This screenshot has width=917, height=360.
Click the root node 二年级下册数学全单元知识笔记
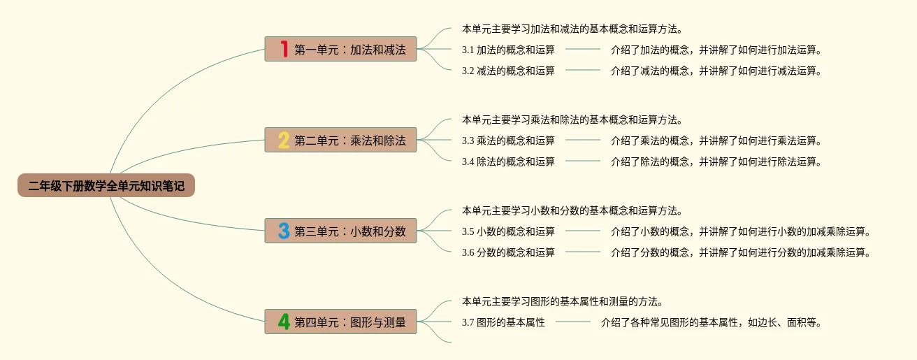(x=106, y=186)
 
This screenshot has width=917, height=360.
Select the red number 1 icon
(x=284, y=49)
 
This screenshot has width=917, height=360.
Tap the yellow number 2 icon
(x=284, y=141)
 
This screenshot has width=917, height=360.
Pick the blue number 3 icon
(x=284, y=231)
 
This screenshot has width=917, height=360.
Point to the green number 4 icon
(x=284, y=322)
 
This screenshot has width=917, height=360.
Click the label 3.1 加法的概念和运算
(x=508, y=50)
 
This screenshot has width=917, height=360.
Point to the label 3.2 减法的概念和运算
(x=508, y=71)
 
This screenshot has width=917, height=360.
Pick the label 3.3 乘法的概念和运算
(x=508, y=141)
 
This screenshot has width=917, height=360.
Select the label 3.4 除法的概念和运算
(x=508, y=161)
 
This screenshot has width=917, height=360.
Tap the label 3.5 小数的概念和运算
(x=508, y=231)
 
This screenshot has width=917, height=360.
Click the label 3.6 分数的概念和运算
(x=508, y=252)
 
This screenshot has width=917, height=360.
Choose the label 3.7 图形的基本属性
(x=503, y=322)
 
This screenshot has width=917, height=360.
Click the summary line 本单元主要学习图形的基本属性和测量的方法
(x=562, y=302)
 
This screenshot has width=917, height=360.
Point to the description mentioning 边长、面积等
(x=711, y=322)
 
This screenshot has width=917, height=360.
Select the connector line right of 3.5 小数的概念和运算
(x=583, y=231)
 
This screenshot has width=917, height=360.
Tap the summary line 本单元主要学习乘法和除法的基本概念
(x=572, y=120)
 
